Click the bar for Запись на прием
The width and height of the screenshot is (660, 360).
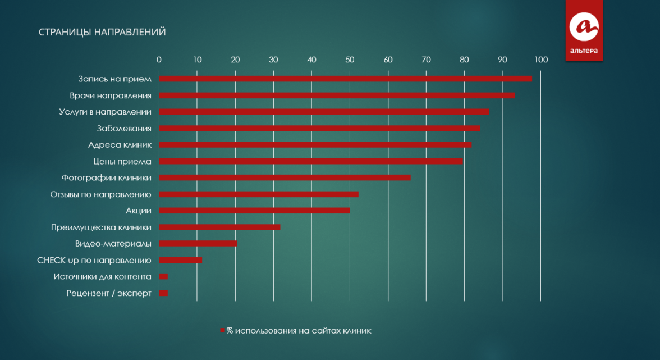coord(345,79)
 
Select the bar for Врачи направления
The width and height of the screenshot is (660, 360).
coord(337,95)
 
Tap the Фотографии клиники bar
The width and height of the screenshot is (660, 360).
coord(285,178)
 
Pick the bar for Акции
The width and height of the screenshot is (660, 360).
coord(254,211)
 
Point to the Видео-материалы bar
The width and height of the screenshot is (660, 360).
coord(198,244)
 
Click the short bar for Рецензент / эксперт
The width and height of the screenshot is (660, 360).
coord(163,293)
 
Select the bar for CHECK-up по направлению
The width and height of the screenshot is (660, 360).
coord(180,260)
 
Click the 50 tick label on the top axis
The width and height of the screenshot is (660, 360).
coord(350,60)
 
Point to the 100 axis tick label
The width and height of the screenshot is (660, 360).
coord(540,60)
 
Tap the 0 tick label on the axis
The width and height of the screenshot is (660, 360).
coord(159,60)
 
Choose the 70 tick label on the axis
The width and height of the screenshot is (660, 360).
coord(426,60)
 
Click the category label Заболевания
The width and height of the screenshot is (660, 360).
coord(124,129)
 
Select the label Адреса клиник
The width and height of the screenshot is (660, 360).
coord(120,145)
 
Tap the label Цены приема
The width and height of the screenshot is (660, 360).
coord(122,162)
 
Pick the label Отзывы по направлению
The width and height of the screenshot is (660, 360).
coord(101,195)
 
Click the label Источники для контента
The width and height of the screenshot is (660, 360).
coord(102,277)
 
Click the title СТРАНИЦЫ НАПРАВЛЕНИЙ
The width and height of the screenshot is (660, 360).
coord(102,32)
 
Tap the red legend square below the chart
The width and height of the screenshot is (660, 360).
coord(222,331)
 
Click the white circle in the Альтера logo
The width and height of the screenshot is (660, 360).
coord(584,26)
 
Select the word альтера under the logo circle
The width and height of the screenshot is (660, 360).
coord(584,51)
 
